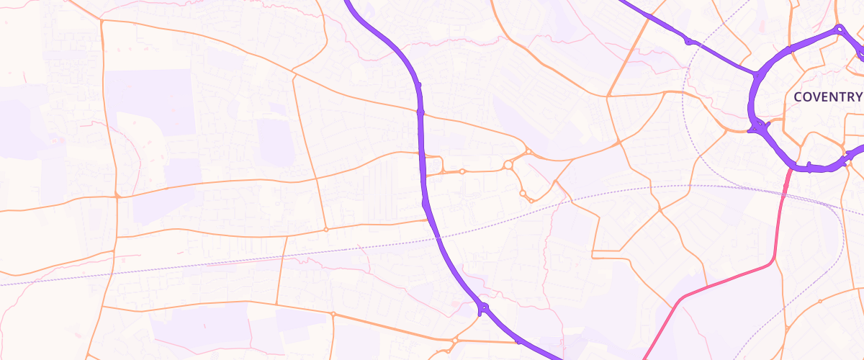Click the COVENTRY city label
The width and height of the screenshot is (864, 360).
point(827,96)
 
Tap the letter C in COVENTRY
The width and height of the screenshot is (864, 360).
point(798,96)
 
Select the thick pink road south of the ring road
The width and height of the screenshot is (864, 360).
point(727,278)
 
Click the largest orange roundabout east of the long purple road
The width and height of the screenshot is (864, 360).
point(508,165)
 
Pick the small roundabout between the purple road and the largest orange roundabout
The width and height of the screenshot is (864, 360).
point(462,171)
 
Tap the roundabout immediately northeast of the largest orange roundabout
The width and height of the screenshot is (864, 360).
point(528,151)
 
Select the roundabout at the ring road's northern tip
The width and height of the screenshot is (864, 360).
point(839,29)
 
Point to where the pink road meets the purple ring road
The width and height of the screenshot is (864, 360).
point(791,168)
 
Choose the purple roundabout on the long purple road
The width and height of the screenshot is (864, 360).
point(483,308)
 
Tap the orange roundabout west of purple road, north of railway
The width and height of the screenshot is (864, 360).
point(326,230)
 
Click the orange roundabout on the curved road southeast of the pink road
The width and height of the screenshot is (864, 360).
point(820,301)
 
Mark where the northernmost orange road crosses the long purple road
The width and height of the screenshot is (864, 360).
point(420,112)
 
